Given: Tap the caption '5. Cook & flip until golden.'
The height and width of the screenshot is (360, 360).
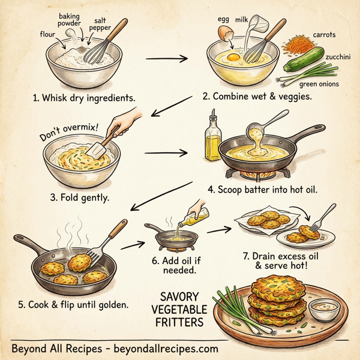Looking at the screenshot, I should pyautogui.click(x=73, y=305).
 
